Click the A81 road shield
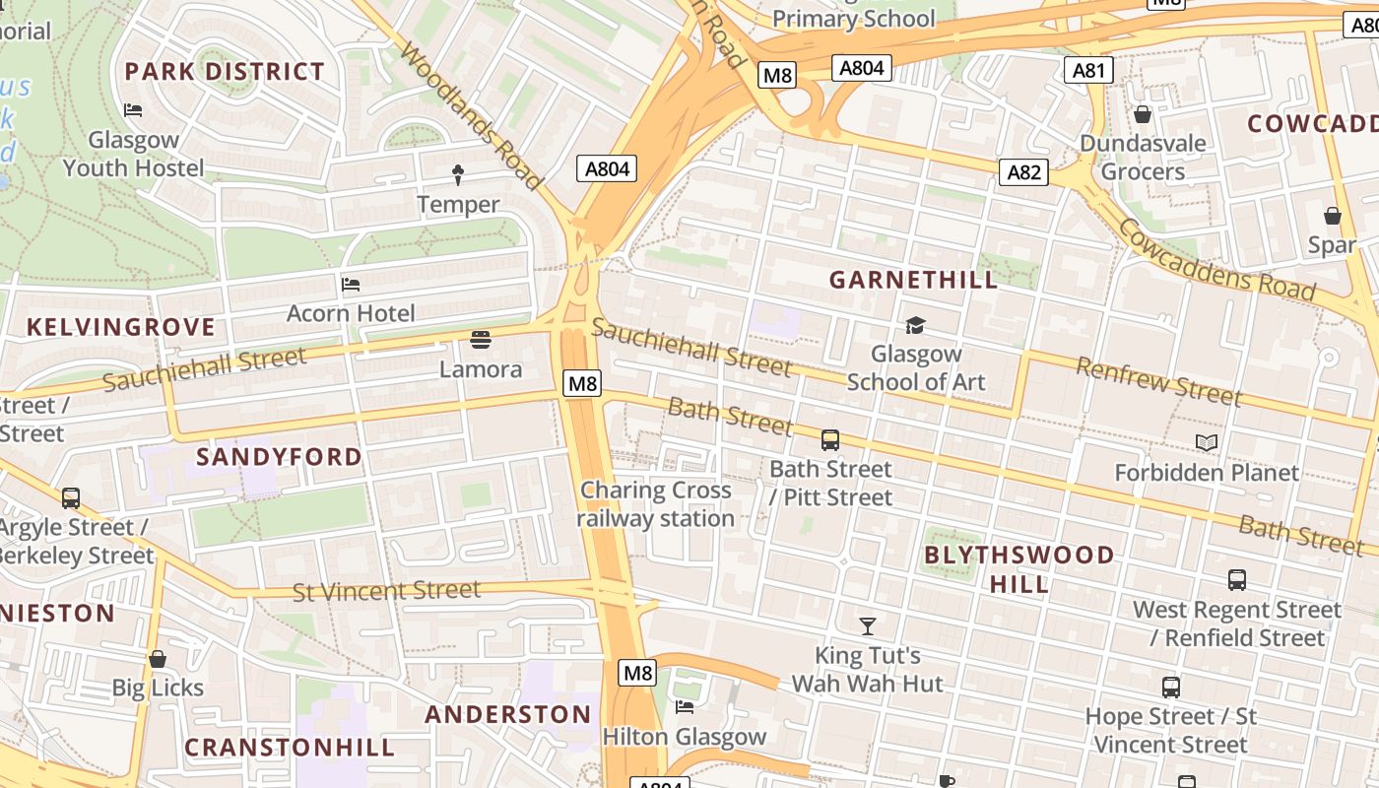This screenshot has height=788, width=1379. pyautogui.click(x=1089, y=70)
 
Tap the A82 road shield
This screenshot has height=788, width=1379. pyautogui.click(x=1024, y=172)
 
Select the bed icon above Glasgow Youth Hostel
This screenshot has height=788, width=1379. pyautogui.click(x=133, y=110)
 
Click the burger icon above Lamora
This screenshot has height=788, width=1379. pyautogui.click(x=481, y=341)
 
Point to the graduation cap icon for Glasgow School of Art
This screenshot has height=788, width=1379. pyautogui.click(x=916, y=325)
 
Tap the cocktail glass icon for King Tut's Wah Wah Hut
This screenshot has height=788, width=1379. pyautogui.click(x=867, y=626)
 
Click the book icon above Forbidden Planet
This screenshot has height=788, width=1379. pyautogui.click(x=1207, y=443)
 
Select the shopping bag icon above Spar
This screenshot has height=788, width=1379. pyautogui.click(x=1333, y=216)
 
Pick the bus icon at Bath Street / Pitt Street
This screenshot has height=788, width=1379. pyautogui.click(x=830, y=440)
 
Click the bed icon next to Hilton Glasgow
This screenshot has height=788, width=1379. pyautogui.click(x=685, y=707)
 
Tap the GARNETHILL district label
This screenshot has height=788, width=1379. pyautogui.click(x=913, y=280)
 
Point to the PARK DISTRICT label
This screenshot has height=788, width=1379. pyautogui.click(x=225, y=71)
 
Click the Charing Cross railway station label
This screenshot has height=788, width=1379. pyautogui.click(x=656, y=504)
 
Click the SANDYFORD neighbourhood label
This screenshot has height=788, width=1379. pyautogui.click(x=279, y=457)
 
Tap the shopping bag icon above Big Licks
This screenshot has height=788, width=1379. pyautogui.click(x=158, y=659)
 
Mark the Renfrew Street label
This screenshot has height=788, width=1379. pyautogui.click(x=1157, y=382)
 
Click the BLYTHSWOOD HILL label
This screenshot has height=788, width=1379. pyautogui.click(x=1018, y=569)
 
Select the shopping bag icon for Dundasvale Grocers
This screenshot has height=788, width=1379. pyautogui.click(x=1143, y=115)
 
